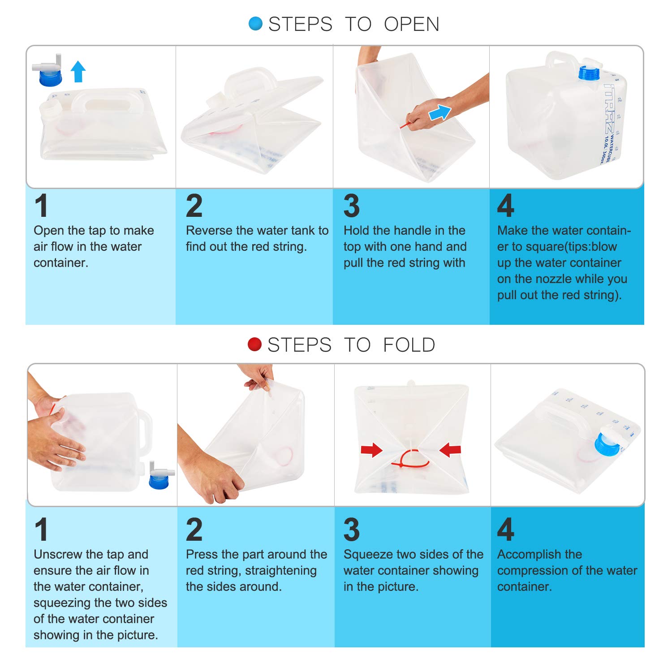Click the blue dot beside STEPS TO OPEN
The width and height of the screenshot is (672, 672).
pyautogui.click(x=255, y=24)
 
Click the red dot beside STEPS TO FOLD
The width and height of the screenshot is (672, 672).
pyautogui.click(x=254, y=345)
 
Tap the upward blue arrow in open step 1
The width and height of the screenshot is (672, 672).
pyautogui.click(x=78, y=72)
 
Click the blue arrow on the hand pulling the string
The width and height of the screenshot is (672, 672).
pyautogui.click(x=440, y=112)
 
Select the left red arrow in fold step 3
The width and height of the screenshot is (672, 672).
pyautogui.click(x=371, y=450)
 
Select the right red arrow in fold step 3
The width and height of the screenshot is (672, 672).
pyautogui.click(x=450, y=450)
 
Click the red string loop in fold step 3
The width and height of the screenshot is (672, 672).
pyautogui.click(x=410, y=460)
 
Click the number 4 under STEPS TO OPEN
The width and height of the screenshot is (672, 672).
pyautogui.click(x=506, y=206)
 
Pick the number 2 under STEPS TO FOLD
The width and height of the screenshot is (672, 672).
pyautogui.click(x=194, y=530)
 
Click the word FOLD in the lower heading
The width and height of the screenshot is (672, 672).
pyautogui.click(x=409, y=345)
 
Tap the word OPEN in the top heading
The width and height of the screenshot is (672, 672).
pyautogui.click(x=412, y=24)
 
